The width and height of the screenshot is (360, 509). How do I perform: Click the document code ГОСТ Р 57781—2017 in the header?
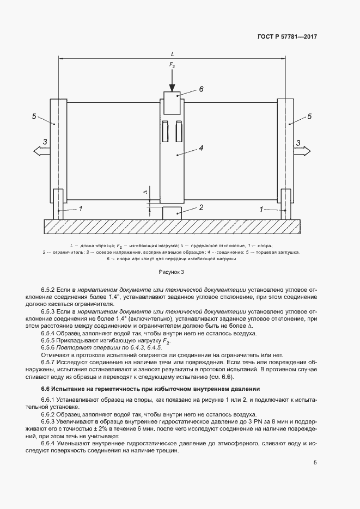(286, 37)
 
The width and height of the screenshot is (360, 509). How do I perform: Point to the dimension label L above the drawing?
(172, 54)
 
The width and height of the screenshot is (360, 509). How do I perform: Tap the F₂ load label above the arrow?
(172, 65)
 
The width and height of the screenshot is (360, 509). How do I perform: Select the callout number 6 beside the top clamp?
(200, 89)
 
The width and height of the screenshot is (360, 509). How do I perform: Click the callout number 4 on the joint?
(201, 148)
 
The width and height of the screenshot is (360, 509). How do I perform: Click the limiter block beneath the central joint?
(172, 212)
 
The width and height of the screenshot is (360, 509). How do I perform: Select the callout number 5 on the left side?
(34, 116)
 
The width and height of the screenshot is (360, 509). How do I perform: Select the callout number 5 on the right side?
(309, 116)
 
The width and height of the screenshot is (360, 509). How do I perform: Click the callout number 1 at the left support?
(81, 208)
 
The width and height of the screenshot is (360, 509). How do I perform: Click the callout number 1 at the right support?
(262, 208)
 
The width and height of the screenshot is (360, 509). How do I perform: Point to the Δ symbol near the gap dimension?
(145, 192)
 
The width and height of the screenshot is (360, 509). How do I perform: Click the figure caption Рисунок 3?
(172, 271)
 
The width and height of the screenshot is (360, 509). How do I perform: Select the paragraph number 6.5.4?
(49, 333)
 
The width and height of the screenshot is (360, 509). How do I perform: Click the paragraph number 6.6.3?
(49, 421)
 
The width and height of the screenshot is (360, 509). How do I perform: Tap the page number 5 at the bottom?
(315, 463)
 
